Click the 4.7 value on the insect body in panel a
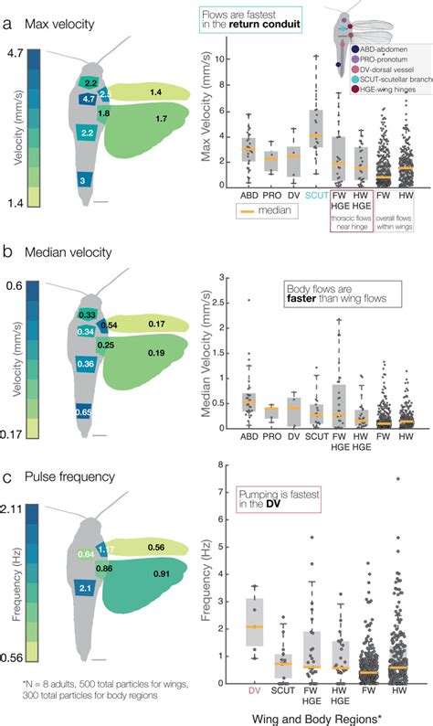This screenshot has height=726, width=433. [89, 99]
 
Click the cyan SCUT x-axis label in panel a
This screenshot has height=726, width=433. [316, 195]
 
